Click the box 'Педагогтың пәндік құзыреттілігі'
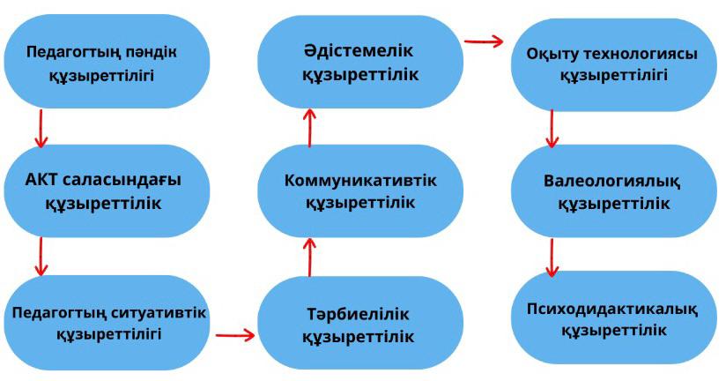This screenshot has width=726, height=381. [x=105, y=62]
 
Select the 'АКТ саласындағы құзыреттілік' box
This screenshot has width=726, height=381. [x=105, y=191]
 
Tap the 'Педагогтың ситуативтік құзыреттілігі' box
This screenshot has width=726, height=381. [x=105, y=323]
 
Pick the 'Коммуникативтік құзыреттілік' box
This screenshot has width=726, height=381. [x=360, y=191]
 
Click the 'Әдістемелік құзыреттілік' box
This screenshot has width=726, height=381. [x=360, y=63]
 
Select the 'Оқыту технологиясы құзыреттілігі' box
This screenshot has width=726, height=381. [x=614, y=63]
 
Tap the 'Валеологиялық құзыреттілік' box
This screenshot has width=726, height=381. [x=614, y=191]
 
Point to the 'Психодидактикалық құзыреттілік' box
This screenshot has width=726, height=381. [x=614, y=318]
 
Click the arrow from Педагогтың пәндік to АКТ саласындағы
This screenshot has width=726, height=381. [x=40, y=132]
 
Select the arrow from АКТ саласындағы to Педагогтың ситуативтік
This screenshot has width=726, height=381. [x=40, y=260]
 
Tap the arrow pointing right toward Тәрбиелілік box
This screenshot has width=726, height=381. [x=234, y=335]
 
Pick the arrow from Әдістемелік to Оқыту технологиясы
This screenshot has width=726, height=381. [x=483, y=40]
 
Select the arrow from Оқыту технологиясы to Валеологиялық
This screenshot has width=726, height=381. [x=552, y=129]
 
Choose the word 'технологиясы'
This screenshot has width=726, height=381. [x=645, y=54]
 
